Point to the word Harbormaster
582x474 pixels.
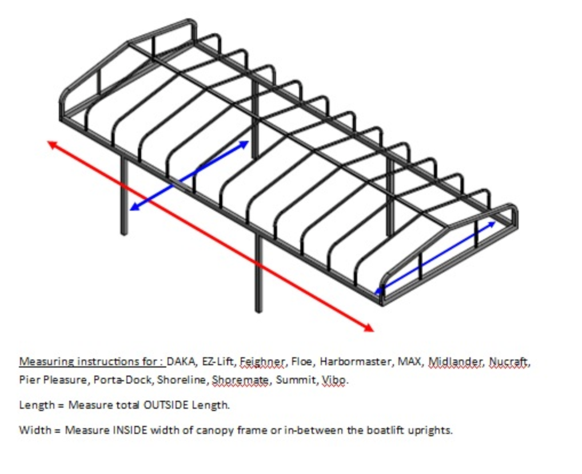pos(356,361)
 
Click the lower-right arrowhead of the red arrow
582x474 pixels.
pos(369,327)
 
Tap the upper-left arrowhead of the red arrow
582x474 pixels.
pos(52,144)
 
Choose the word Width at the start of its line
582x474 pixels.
pos(35,430)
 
